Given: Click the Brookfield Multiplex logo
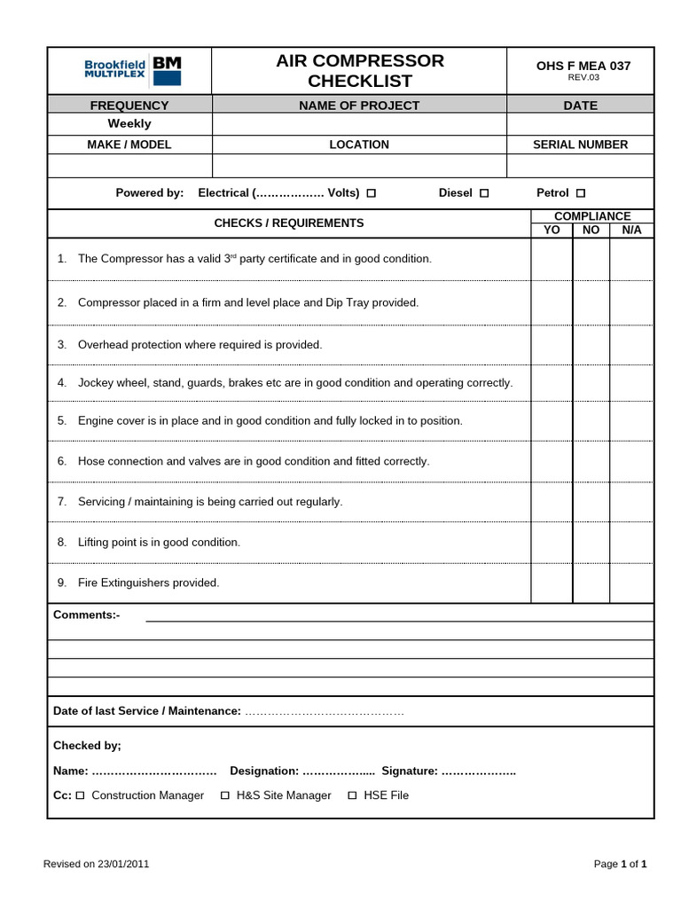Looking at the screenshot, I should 132,69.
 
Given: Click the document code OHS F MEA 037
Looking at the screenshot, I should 583,66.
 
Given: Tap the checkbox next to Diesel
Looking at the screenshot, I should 484,193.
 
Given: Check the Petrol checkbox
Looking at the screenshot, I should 581,193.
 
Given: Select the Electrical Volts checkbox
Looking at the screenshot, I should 372,193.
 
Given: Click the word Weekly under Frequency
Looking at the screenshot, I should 129,124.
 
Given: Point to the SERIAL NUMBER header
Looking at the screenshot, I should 580,145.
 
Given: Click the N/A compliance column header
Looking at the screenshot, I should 631,230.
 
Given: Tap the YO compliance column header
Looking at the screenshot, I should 552,230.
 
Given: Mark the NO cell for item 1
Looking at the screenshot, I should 591,259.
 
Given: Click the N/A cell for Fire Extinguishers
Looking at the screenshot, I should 631,583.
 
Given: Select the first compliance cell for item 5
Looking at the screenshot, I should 552,421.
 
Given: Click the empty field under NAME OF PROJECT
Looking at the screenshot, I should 359,124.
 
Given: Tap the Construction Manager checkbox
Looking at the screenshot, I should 80,796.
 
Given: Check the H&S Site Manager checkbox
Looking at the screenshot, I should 225,796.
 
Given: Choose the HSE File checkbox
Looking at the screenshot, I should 352,796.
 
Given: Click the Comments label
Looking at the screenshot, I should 86,614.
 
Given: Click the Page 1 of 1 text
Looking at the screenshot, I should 620,864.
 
